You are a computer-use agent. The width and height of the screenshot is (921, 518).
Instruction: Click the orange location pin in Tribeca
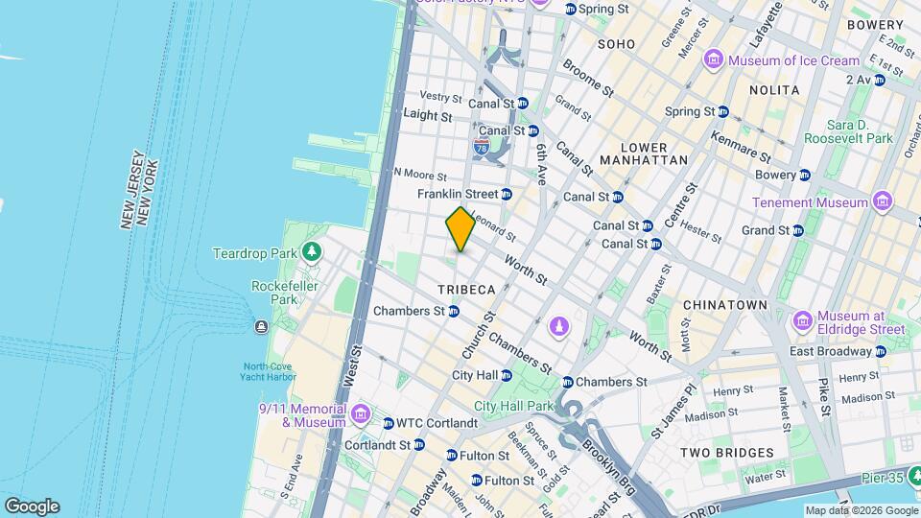coord(460,229)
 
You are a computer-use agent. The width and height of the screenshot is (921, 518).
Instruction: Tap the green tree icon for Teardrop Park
coord(311,252)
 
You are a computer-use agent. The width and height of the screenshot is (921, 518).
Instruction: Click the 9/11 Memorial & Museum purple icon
coord(361,413)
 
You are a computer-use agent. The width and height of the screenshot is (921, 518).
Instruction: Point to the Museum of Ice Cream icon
coord(713,60)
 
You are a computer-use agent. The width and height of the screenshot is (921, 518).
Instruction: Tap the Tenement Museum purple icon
coord(883,202)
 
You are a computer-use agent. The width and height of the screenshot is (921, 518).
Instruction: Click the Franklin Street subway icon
coord(507,194)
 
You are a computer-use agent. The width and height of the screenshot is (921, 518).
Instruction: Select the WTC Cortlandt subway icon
coord(388,423)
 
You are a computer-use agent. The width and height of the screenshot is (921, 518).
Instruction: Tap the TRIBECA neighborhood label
coord(466,289)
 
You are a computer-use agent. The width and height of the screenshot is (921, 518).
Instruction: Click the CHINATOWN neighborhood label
coord(724,305)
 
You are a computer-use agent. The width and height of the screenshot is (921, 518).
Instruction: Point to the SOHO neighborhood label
coord(616,44)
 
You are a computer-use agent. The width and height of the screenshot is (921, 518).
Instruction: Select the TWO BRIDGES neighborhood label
coord(726,452)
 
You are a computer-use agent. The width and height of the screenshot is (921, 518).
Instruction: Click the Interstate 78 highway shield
coord(482,146)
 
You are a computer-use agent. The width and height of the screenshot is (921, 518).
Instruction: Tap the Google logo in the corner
coord(32,506)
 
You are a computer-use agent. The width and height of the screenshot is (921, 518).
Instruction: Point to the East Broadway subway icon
coord(880,351)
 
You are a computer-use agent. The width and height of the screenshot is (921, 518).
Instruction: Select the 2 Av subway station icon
coord(879,80)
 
